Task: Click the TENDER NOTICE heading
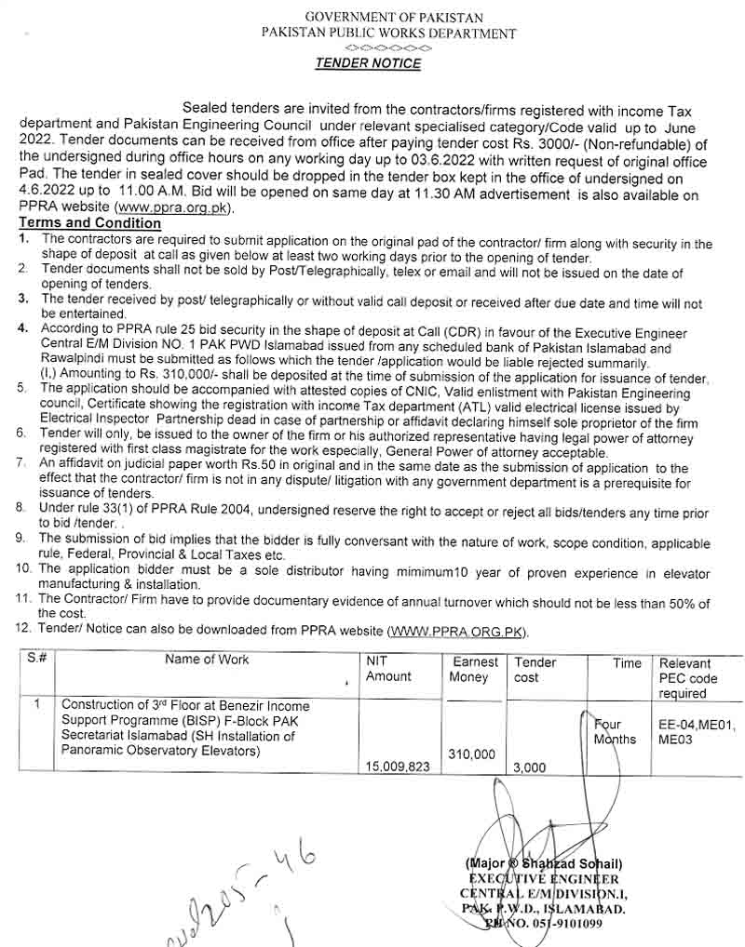(367, 64)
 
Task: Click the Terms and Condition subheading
(89, 223)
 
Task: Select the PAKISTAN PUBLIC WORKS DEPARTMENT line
(388, 33)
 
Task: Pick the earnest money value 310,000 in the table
(472, 754)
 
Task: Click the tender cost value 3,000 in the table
(530, 767)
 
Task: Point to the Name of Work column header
(207, 660)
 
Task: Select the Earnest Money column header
(475, 670)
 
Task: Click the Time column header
(627, 663)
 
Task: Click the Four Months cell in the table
(616, 731)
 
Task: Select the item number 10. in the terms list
(24, 567)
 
